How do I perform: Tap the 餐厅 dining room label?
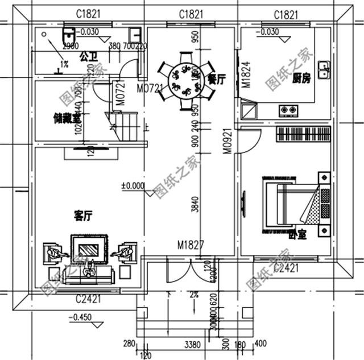[x=217, y=80]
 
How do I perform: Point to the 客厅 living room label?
[x=83, y=216]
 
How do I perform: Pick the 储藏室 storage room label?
[x=66, y=118]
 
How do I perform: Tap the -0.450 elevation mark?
[x=78, y=317]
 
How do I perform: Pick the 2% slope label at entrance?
[x=194, y=295]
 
